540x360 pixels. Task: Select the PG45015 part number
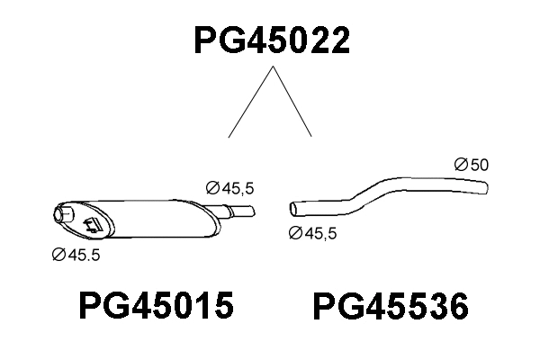[157, 307]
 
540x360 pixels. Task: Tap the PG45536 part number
[390, 308]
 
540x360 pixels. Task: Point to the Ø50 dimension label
[471, 165]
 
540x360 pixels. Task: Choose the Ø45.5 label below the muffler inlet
[76, 255]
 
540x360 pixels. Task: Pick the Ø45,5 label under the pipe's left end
[314, 233]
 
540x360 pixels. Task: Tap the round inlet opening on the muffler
[65, 214]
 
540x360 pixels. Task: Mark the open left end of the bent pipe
[294, 209]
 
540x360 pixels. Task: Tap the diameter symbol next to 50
[459, 165]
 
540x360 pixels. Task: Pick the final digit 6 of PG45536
[456, 308]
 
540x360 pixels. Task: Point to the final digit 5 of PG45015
[222, 307]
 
